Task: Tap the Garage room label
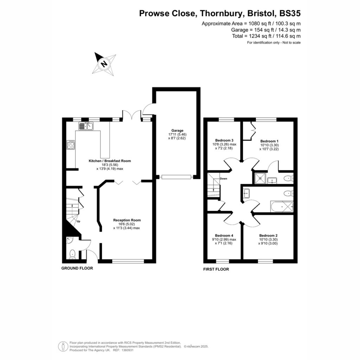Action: coord(177,130)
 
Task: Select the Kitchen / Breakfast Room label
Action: coord(110,161)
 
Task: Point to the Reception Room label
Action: coord(127,220)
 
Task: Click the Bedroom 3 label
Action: coord(224,140)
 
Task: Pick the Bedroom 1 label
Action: coord(269,141)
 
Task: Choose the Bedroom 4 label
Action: coord(224,235)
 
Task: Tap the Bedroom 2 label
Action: coord(268,235)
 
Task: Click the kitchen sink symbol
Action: coord(86,126)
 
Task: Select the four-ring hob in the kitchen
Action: coord(71,144)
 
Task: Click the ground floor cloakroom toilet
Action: coord(72,254)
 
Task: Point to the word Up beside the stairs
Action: coord(78,221)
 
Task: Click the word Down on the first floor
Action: coord(223,178)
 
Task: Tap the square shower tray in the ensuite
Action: coord(260,178)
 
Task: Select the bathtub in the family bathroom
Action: coord(282,207)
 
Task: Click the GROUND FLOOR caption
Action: coord(77,268)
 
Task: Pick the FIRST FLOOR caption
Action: coord(216,269)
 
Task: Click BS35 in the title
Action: coord(290,13)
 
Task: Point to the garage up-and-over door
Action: coord(176,177)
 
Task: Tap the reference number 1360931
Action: coord(128,351)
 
